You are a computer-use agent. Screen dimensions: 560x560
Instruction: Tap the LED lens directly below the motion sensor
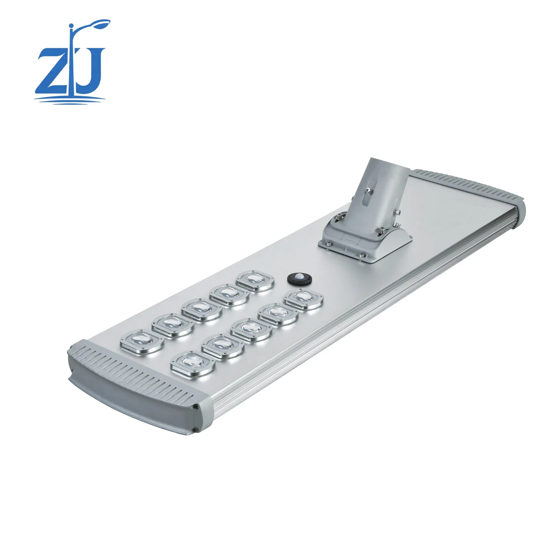303,300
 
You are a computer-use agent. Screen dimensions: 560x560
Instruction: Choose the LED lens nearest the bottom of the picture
193,364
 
